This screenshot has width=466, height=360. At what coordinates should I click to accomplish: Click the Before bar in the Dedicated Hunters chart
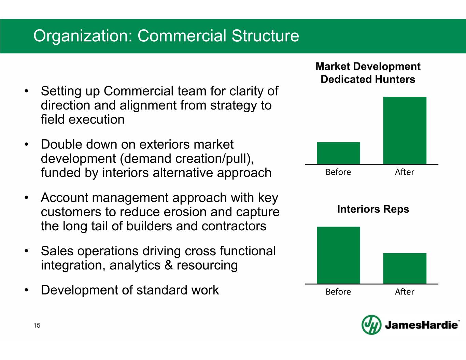[x=338, y=153]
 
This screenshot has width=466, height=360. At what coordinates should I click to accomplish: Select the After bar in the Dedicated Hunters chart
[x=405, y=130]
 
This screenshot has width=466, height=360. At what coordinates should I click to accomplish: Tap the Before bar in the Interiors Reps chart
[x=338, y=255]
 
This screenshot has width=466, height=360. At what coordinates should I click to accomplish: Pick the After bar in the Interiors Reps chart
[x=405, y=268]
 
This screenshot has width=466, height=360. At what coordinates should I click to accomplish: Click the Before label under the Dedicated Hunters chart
[x=338, y=172]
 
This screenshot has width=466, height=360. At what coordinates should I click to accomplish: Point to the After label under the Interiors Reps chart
[x=405, y=292]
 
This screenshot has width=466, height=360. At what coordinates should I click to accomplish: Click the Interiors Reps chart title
[x=373, y=209]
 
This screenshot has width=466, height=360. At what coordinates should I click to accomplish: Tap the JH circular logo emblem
[x=372, y=325]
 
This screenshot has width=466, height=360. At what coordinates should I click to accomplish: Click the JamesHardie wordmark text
[x=421, y=325]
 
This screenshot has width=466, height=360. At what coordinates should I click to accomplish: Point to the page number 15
[x=37, y=326]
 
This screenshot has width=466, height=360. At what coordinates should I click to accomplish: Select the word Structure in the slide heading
[x=265, y=35]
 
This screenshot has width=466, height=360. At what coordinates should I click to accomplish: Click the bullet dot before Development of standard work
[x=26, y=290]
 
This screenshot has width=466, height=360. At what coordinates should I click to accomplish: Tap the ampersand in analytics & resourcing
[x=169, y=265]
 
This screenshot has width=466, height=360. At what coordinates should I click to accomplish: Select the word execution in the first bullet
[x=97, y=119]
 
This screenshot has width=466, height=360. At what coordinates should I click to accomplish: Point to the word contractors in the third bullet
[x=234, y=226]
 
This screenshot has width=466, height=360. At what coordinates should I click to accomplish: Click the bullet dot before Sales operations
[x=26, y=251]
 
